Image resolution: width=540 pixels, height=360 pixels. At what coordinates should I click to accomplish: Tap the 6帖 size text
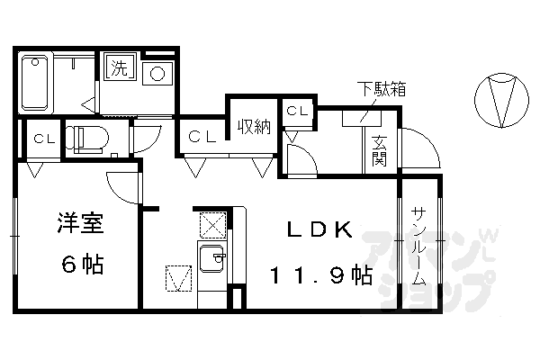(80, 265)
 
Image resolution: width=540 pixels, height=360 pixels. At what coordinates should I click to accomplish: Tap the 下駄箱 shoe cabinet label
(382, 89)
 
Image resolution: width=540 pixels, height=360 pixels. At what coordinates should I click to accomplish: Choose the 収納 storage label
(254, 127)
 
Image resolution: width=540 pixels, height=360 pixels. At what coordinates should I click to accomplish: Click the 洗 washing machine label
(118, 66)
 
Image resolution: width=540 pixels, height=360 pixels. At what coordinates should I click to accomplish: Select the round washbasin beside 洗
(158, 72)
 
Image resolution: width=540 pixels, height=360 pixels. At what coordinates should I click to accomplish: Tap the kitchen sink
(213, 259)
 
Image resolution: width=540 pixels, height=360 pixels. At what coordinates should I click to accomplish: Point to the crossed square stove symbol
(213, 222)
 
